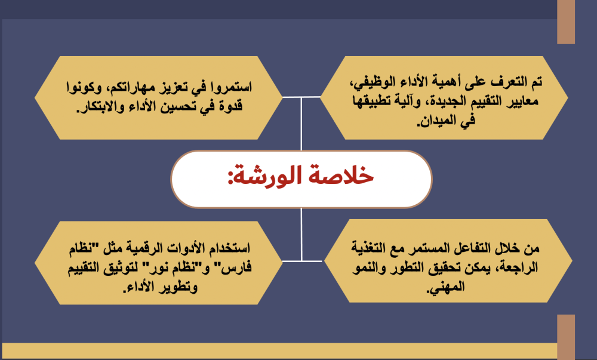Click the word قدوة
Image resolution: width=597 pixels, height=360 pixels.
click(227, 106)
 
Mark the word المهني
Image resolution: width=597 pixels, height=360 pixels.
click(445, 287)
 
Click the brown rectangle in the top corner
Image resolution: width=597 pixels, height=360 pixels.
click(566, 21)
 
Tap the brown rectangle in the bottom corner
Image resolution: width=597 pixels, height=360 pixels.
click(566, 337)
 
